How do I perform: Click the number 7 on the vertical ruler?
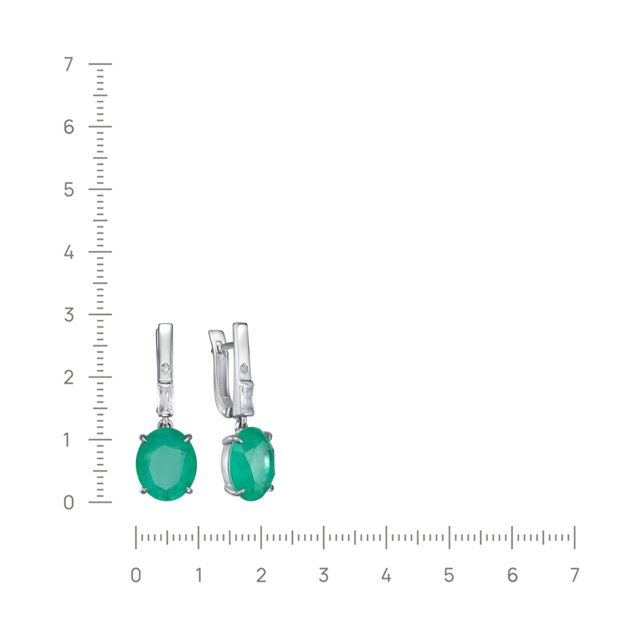tap(69, 64)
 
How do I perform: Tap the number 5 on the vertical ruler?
tap(69, 190)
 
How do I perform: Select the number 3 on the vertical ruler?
tap(69, 315)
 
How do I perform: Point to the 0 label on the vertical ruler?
tap(69, 503)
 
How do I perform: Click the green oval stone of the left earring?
tap(167, 464)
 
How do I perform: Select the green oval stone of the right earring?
tap(252, 464)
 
